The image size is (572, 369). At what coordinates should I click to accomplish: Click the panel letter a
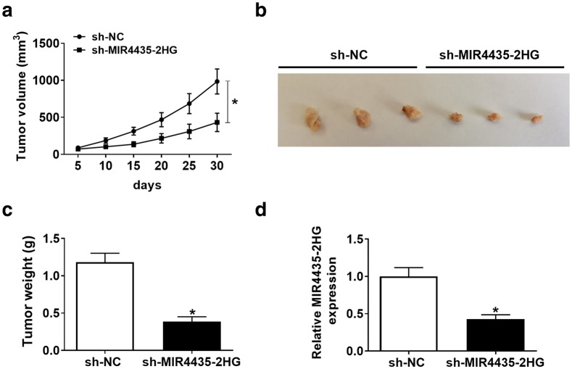click(8, 9)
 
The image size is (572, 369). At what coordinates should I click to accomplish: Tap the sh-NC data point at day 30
click(216, 81)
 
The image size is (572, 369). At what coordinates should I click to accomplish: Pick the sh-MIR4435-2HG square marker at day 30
click(216, 123)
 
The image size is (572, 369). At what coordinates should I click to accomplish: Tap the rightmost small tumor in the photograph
click(536, 118)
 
